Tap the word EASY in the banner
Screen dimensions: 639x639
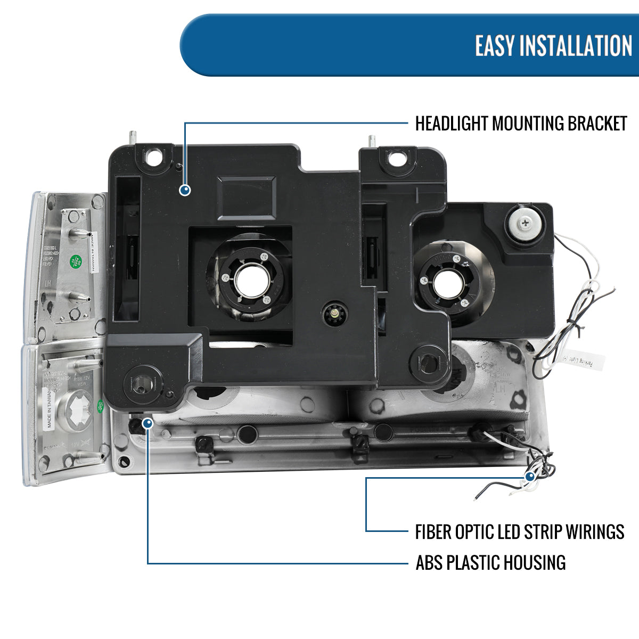click(495, 46)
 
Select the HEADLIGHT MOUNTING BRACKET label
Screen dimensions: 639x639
click(521, 124)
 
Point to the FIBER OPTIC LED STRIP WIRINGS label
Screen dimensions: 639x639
click(519, 531)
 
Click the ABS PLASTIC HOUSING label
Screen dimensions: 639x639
click(490, 562)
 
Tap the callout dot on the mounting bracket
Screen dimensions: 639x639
click(185, 190)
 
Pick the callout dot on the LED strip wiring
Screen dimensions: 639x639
click(530, 477)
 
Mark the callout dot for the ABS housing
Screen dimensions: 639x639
click(148, 423)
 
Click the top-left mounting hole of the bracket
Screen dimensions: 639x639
click(155, 157)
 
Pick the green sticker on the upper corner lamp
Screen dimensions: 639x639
click(75, 262)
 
